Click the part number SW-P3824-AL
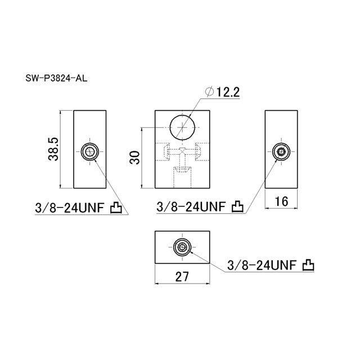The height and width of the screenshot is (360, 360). coord(56,79)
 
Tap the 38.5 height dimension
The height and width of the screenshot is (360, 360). coord(53,149)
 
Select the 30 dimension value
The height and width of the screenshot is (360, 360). coord(135,157)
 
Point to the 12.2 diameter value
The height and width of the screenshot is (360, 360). coord(228,92)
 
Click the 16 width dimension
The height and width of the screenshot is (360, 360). coord(281,201)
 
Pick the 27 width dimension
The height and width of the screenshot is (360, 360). coord(182,276)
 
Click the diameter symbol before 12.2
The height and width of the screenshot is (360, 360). coord(210,92)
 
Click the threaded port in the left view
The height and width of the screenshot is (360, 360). coord(90,151)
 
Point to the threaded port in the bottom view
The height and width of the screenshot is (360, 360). coord(182,247)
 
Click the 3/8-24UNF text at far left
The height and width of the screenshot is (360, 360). coord(70,208)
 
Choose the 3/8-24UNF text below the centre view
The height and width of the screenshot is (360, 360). coord(191,206)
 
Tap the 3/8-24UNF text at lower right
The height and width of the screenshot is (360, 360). coord(262,265)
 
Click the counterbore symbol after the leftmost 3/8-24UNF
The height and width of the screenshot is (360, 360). coord(116,208)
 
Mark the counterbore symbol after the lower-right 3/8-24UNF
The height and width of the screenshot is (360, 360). coord(308,265)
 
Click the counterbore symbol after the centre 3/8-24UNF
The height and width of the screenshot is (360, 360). coord(237,206)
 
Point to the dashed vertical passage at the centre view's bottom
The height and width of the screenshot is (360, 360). coord(182,177)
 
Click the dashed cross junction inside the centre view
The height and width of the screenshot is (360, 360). coord(182,151)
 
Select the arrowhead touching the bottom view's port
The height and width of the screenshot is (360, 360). coord(192,252)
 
